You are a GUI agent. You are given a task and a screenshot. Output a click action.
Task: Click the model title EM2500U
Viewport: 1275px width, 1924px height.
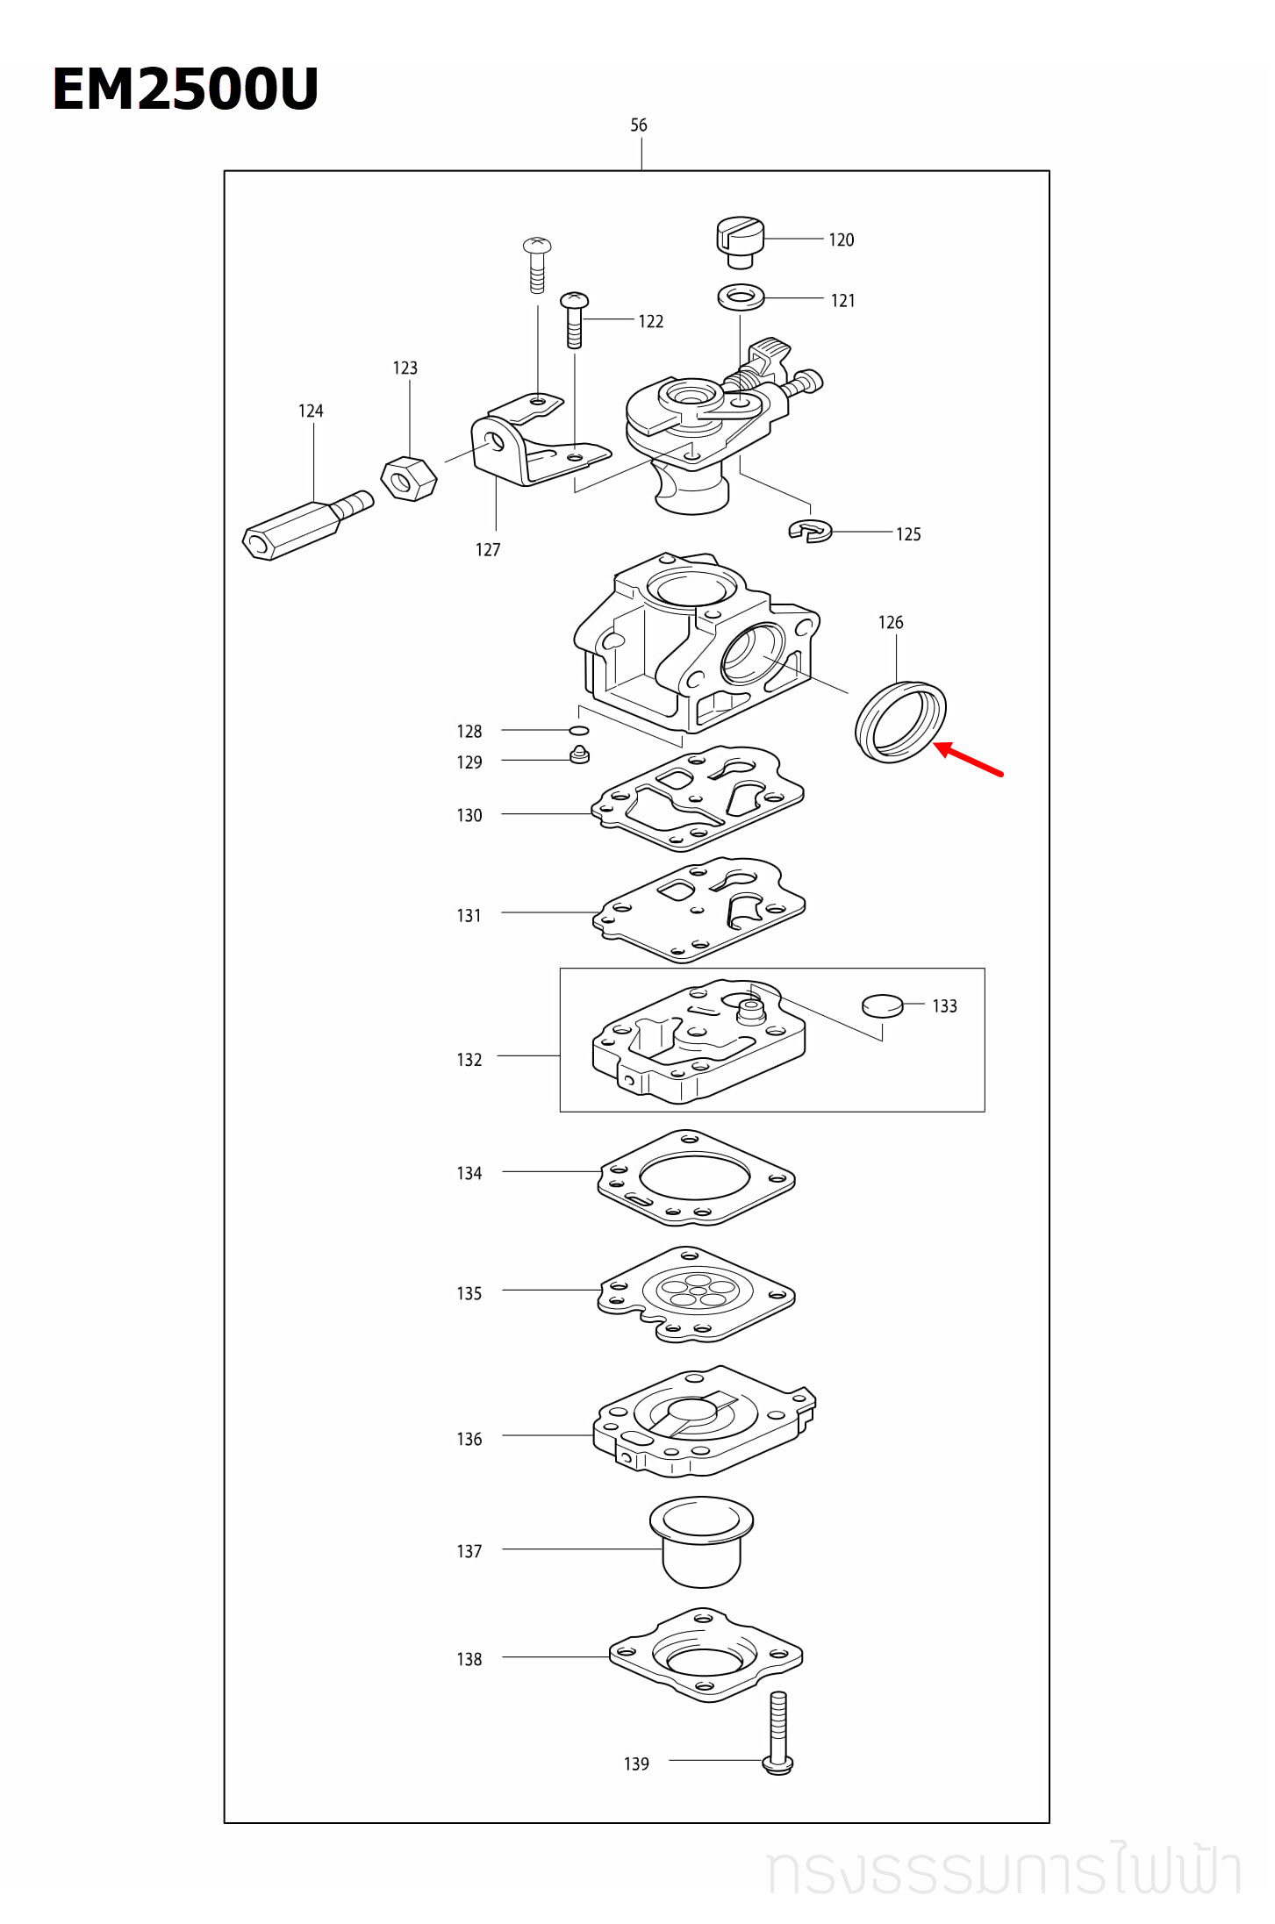(185, 89)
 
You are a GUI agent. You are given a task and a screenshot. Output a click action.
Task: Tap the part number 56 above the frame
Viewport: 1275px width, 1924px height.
(639, 125)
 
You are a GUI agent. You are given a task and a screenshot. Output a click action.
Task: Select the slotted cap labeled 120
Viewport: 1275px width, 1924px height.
(741, 241)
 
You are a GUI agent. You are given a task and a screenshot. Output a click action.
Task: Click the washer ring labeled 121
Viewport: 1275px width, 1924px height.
(741, 297)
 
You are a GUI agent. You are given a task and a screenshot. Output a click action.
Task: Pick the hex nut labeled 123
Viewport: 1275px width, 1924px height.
(409, 479)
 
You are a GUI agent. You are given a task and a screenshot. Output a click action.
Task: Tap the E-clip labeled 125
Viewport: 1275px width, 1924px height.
(810, 531)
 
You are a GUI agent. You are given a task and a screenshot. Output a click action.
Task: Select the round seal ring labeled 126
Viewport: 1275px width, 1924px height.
(900, 722)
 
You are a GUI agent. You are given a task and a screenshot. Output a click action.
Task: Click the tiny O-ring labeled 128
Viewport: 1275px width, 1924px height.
(579, 730)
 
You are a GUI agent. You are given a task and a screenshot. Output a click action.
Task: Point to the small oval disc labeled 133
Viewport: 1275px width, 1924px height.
(882, 1005)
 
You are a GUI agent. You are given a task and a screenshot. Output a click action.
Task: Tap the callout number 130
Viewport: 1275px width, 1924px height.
(469, 816)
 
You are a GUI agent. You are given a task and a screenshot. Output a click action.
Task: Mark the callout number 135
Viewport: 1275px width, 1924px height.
(469, 1293)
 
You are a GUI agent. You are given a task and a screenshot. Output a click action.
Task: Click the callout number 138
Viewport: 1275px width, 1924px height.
(469, 1659)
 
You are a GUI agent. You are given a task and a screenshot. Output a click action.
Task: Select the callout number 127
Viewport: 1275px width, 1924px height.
(488, 550)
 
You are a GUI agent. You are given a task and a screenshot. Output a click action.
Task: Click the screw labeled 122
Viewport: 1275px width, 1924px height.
(575, 320)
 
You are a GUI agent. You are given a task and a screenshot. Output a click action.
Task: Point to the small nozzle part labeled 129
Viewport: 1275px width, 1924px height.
(579, 755)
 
